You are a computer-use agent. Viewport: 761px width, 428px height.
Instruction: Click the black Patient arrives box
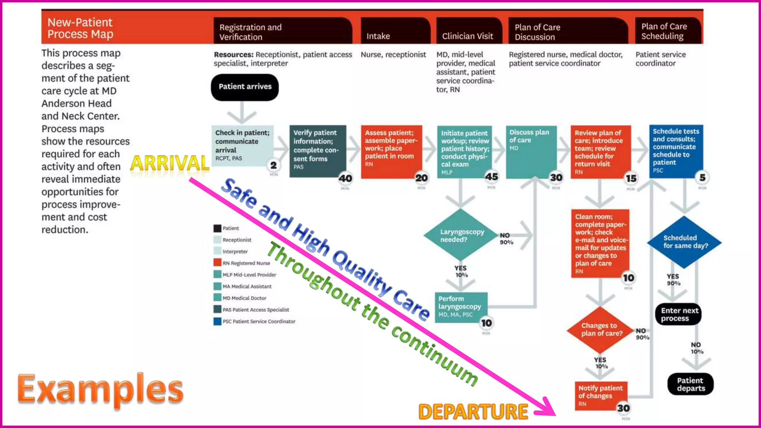pyautogui.click(x=245, y=87)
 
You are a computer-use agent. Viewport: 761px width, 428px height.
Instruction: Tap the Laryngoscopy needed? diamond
pyautogui.click(x=461, y=235)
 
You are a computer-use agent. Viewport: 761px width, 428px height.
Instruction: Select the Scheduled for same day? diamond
pyautogui.click(x=684, y=242)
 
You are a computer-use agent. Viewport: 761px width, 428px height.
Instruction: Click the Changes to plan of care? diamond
pyautogui.click(x=600, y=330)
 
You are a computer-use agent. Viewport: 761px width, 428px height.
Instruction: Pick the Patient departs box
pyautogui.click(x=690, y=384)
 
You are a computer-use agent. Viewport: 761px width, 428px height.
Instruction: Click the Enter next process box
pyautogui.click(x=679, y=314)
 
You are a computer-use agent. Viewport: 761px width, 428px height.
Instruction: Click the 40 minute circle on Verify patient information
pyautogui.click(x=345, y=178)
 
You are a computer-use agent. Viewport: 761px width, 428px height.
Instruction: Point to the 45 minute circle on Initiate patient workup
pyautogui.click(x=491, y=177)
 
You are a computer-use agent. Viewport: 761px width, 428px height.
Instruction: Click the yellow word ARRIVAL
pyautogui.click(x=170, y=163)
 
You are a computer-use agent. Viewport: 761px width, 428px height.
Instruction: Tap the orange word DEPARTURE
pyautogui.click(x=473, y=412)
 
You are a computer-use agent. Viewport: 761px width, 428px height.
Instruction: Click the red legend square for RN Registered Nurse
pyautogui.click(x=217, y=263)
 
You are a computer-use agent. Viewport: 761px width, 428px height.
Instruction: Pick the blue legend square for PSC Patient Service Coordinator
pyautogui.click(x=217, y=321)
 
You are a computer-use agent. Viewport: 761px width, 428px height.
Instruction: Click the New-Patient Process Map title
pyautogui.click(x=80, y=28)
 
